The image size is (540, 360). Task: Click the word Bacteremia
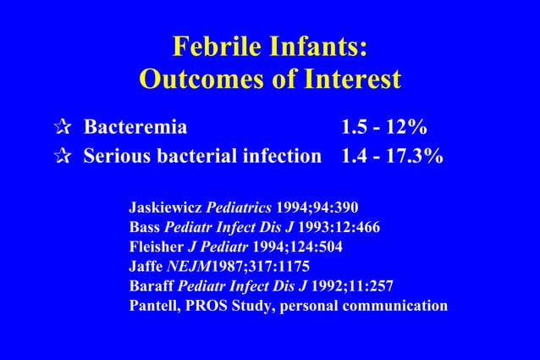pos(135,129)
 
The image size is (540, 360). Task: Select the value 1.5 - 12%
pos(383,129)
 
